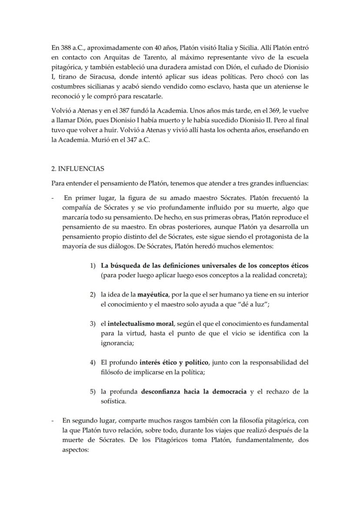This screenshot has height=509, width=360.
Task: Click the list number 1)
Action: [93, 266]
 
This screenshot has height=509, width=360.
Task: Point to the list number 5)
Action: [93, 392]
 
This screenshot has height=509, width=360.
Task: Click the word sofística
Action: [113, 401]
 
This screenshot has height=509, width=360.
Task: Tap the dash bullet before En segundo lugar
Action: [53, 421]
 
